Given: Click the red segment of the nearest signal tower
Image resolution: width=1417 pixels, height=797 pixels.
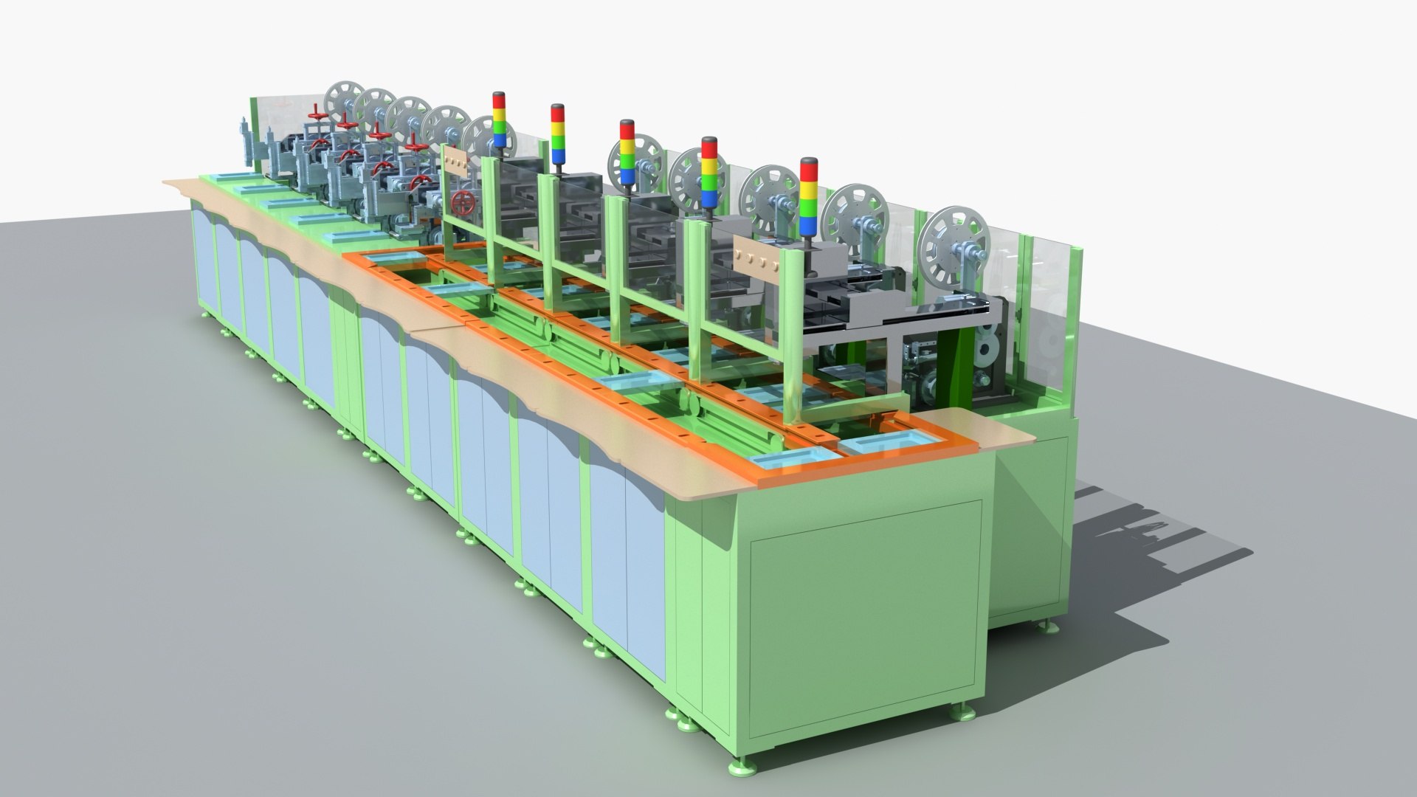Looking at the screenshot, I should click(x=809, y=176).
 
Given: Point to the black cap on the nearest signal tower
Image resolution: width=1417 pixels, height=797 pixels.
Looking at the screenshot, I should click(x=809, y=162).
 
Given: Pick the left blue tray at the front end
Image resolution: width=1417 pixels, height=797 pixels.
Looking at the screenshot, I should click(x=789, y=461).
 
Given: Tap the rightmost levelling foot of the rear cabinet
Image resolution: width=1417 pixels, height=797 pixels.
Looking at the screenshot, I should click(x=1049, y=627).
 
